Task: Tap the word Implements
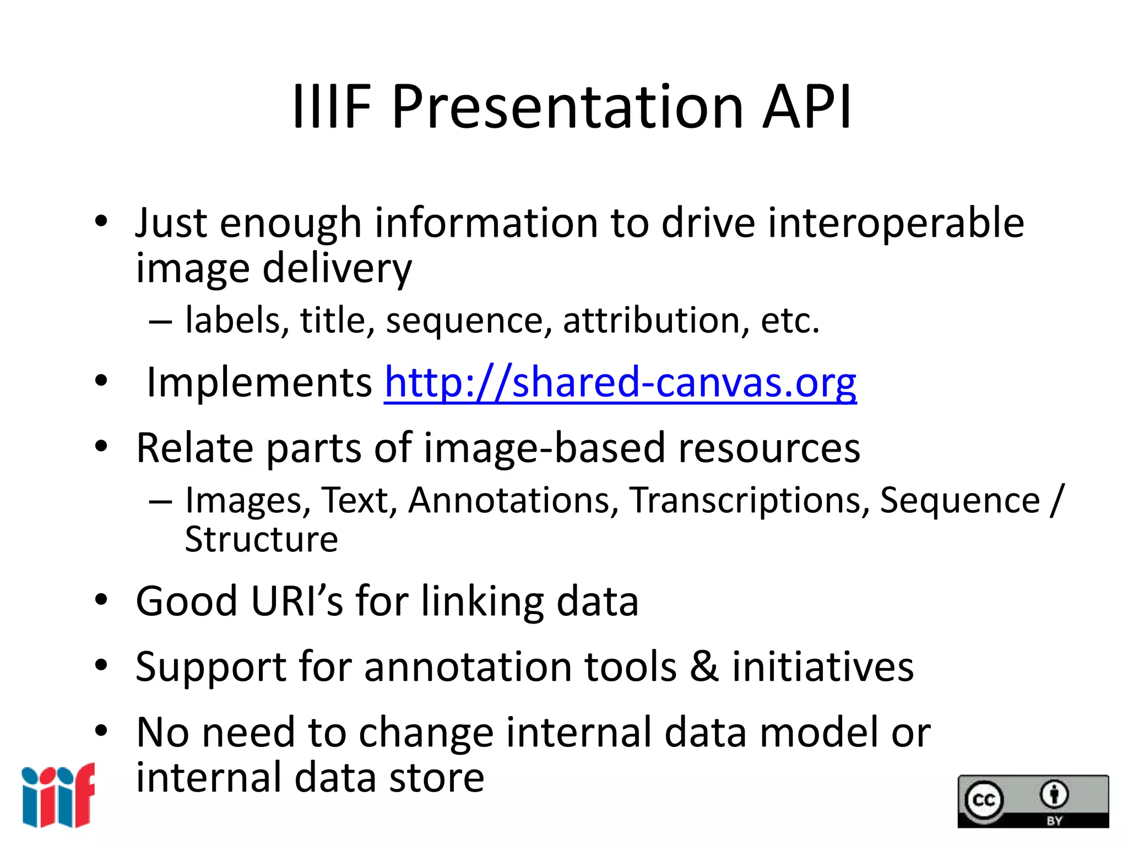[x=259, y=383]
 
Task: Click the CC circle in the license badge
[x=984, y=799]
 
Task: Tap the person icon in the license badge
[x=1054, y=794]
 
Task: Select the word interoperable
[x=896, y=224]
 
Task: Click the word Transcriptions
[x=749, y=501]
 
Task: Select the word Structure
[x=261, y=539]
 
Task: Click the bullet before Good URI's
[x=101, y=600]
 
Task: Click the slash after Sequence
[x=1056, y=501]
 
